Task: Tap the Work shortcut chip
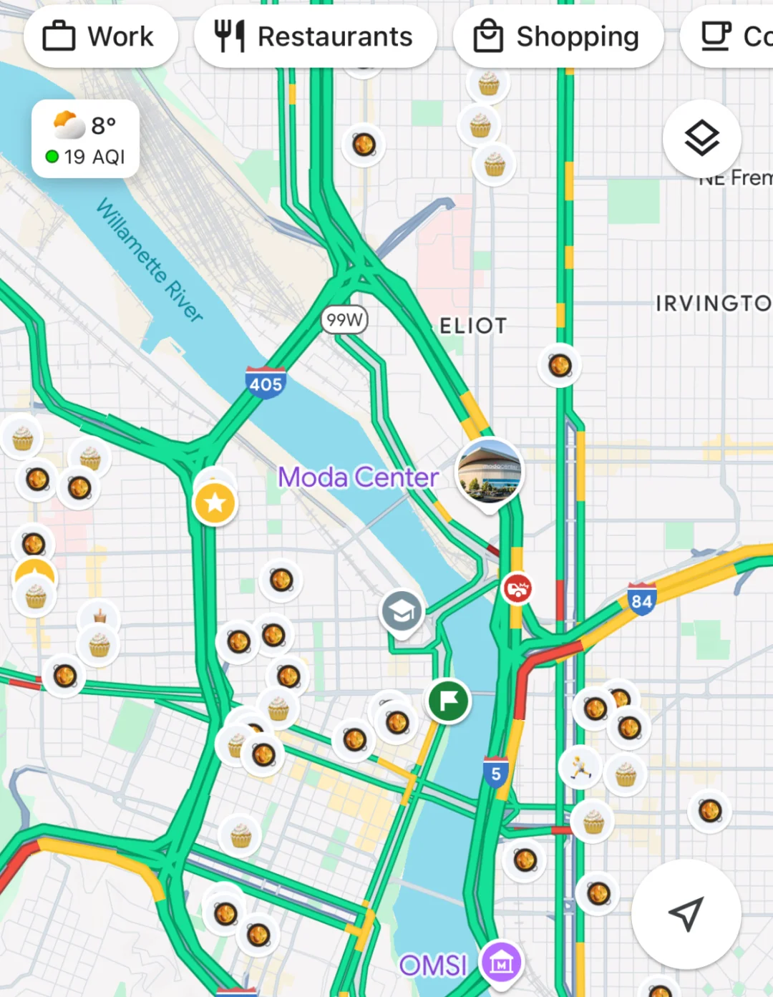coord(100,37)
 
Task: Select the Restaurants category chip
coord(315,37)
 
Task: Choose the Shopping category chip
coord(558,37)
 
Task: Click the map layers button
coord(701,138)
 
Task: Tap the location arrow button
coord(686,914)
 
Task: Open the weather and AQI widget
coord(85,140)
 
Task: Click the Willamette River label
coord(150,260)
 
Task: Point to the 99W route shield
coord(344,320)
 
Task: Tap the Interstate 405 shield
coord(266,383)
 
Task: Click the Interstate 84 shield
coord(641,600)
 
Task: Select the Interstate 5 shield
coord(495,773)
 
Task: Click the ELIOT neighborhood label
coord(473,326)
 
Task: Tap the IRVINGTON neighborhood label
coord(713,303)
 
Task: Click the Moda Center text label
coord(358,477)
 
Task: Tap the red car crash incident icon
coord(517,589)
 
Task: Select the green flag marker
coord(449,701)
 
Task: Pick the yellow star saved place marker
coord(215,503)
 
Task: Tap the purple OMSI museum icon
coord(501,963)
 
